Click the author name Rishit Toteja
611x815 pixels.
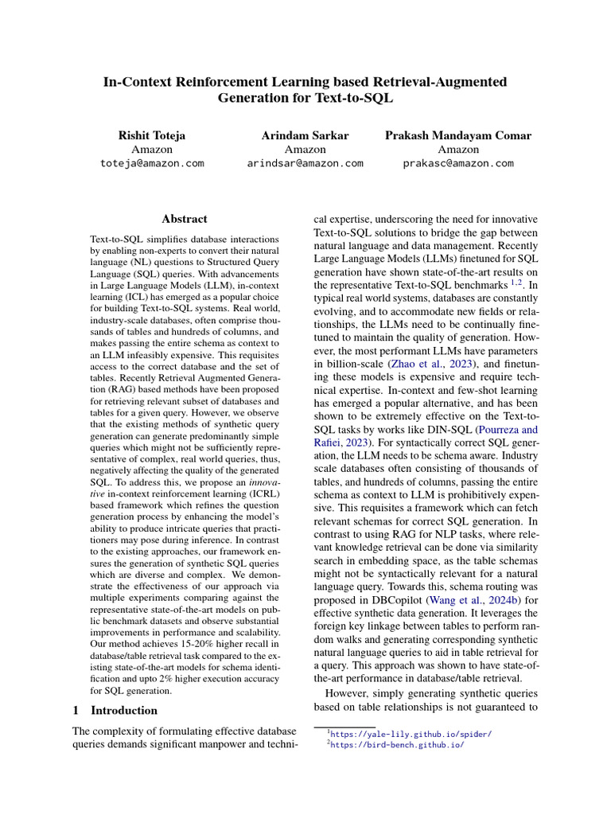coord(151,135)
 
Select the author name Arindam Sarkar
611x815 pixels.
coord(305,135)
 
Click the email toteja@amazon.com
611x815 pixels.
coord(151,163)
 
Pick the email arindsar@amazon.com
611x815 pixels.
coord(305,163)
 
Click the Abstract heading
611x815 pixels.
coord(185,219)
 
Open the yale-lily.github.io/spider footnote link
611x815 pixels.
coord(411,734)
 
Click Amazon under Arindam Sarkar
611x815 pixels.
coord(305,149)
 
